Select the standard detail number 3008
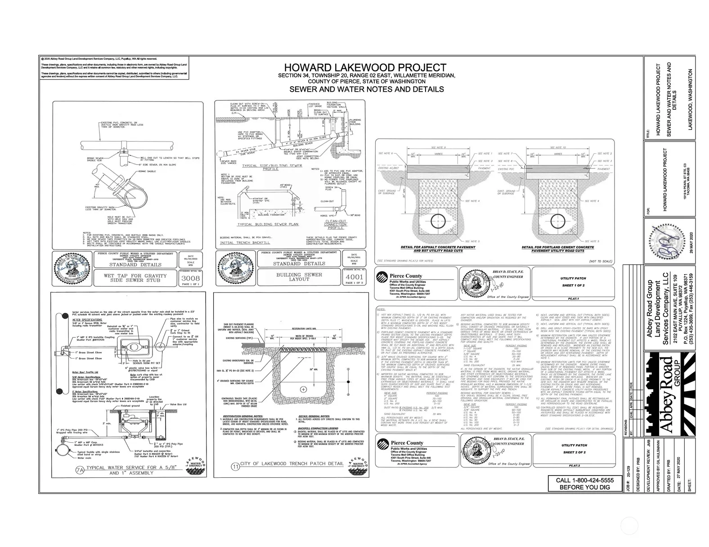point(190,278)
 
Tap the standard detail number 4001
point(353,277)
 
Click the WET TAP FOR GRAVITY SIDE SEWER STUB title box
point(135,278)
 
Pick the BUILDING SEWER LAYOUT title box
point(299,277)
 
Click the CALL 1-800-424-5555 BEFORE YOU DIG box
point(584,484)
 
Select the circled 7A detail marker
point(80,471)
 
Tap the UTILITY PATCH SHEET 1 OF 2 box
point(573,282)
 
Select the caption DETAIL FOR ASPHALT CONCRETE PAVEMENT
point(438,247)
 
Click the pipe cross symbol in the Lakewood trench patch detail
point(304,389)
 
